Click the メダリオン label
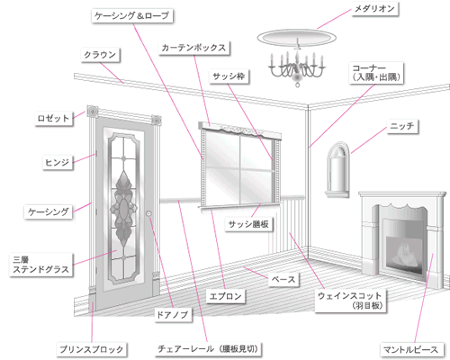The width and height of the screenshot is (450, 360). (x=374, y=9)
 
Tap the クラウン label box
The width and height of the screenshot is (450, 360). (x=100, y=55)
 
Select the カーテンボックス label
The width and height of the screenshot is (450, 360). (x=193, y=48)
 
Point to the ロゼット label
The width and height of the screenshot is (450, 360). (x=54, y=118)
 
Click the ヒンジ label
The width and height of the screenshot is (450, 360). (x=58, y=162)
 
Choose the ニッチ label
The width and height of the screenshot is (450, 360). (x=402, y=126)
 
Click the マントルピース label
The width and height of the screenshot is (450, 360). (x=410, y=349)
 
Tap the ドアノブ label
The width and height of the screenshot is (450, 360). (x=173, y=315)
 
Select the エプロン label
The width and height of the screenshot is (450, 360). (x=226, y=296)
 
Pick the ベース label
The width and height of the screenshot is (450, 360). (x=283, y=280)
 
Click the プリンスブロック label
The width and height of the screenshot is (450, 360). (x=92, y=349)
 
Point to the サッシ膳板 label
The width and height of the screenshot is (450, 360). (x=248, y=224)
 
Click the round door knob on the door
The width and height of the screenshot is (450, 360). (x=148, y=213)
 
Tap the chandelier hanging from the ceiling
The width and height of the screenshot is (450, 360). (x=297, y=67)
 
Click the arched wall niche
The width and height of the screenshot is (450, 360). (x=338, y=169)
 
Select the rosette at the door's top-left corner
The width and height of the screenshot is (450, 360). (x=93, y=112)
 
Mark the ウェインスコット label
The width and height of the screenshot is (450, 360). (x=350, y=301)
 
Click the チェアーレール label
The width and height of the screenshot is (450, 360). (x=208, y=349)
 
